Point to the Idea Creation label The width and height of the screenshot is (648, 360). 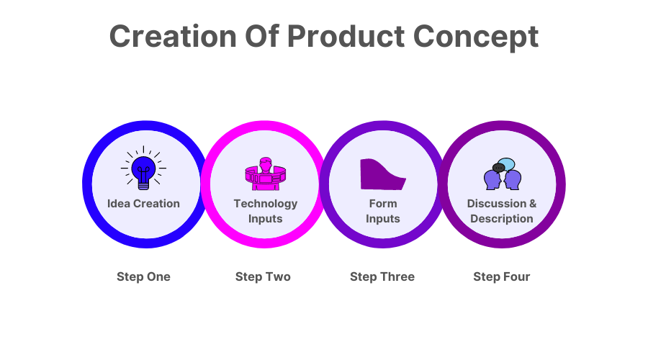[143, 204]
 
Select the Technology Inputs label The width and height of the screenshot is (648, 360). [265, 211]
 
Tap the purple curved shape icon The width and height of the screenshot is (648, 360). [382, 174]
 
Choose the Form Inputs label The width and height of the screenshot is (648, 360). [382, 211]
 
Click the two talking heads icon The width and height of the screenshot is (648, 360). [502, 174]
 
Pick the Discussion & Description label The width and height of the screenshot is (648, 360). [502, 211]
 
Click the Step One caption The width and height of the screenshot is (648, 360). [143, 276]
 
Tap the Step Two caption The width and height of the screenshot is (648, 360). [263, 276]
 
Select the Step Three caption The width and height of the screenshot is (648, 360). [382, 276]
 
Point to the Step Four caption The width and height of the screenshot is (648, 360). [502, 276]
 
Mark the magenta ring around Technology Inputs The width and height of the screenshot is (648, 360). [265, 127]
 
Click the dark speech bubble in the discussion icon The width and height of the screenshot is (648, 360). [498, 168]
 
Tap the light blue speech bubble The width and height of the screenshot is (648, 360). [508, 163]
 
